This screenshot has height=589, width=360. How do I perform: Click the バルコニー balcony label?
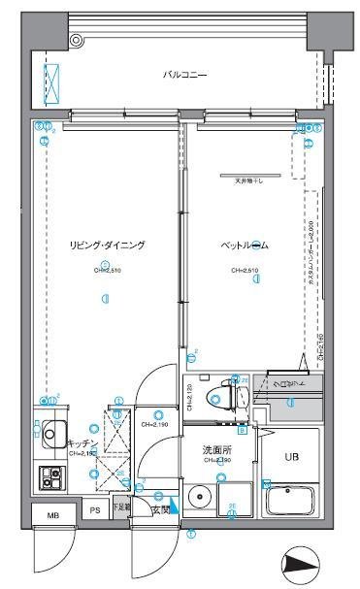[x=183, y=75]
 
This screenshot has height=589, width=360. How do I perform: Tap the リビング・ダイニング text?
[x=107, y=245]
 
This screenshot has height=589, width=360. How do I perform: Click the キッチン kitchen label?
[x=82, y=443]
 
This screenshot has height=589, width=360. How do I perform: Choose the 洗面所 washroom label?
[x=215, y=450]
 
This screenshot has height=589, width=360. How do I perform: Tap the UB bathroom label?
[x=292, y=457]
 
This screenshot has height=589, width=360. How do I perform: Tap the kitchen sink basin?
[x=49, y=433]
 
